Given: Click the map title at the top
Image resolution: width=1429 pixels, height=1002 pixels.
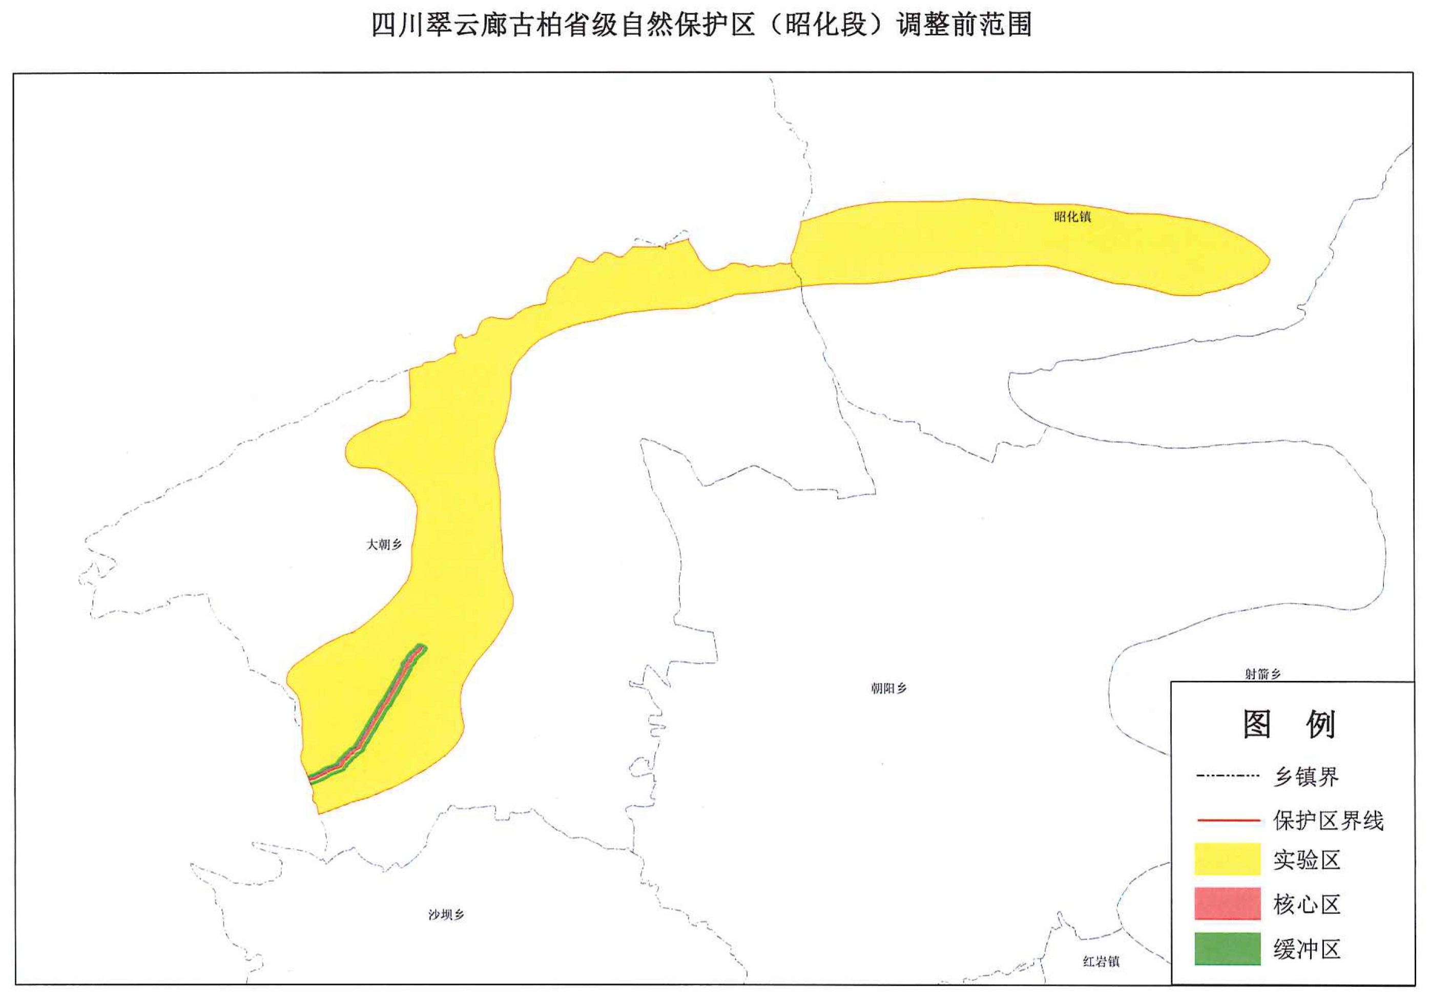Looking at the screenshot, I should (x=701, y=25).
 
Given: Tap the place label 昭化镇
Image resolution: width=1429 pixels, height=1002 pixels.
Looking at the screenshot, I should (x=1072, y=217).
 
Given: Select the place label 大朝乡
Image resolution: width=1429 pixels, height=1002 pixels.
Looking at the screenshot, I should (x=383, y=545).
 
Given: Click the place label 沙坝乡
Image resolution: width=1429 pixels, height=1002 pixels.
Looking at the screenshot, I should (x=446, y=914).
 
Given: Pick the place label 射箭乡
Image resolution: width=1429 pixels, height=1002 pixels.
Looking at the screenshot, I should (x=1262, y=674).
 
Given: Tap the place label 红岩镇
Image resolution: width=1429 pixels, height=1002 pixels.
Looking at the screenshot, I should (x=1101, y=962).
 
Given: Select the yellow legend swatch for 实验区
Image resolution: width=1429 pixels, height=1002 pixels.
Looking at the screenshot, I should (x=1227, y=859).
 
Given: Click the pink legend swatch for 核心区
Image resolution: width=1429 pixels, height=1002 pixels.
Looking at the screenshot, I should (x=1227, y=904).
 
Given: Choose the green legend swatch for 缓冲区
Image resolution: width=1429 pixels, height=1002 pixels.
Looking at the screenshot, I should (x=1227, y=949).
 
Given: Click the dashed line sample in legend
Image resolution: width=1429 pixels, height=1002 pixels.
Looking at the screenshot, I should (x=1227, y=776).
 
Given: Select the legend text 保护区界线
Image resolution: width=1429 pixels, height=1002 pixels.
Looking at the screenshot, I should (x=1328, y=821).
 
